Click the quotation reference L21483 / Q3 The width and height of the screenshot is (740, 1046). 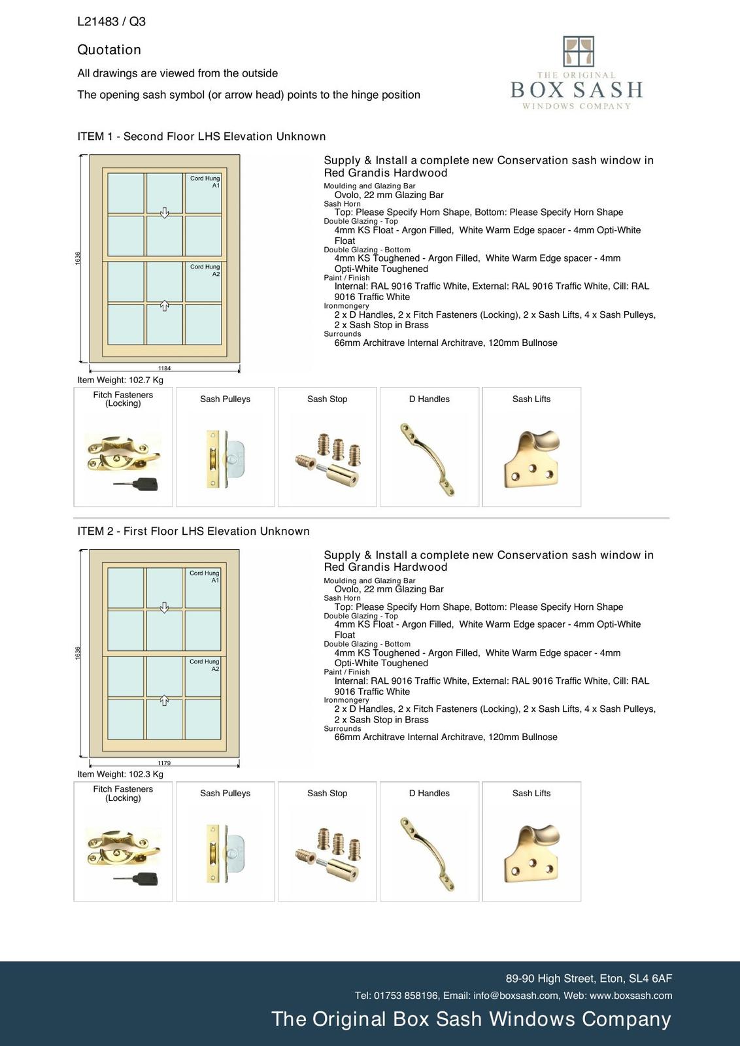coord(111,22)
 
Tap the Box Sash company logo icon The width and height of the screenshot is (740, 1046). coord(578,52)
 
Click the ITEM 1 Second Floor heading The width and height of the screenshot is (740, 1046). coord(201,137)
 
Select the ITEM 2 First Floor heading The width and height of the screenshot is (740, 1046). coord(193,531)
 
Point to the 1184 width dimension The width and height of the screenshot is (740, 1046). coord(164,369)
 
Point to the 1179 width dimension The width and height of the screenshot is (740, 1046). coord(164,763)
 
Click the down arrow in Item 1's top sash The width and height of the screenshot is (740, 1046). coord(165,212)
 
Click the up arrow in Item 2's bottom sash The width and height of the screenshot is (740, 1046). coord(165,701)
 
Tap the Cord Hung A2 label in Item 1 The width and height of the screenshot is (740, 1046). coord(205,270)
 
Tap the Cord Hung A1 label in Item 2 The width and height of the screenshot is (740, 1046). coord(205,577)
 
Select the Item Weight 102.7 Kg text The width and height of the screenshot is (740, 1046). coord(120,380)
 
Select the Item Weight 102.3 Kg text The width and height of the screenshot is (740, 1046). coord(120,774)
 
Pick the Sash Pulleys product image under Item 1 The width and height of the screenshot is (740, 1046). coord(225,460)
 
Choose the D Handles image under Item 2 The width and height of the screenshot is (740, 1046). coord(429,853)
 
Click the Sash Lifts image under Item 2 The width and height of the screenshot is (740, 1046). coord(531,853)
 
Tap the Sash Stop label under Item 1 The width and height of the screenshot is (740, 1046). coord(327,399)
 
